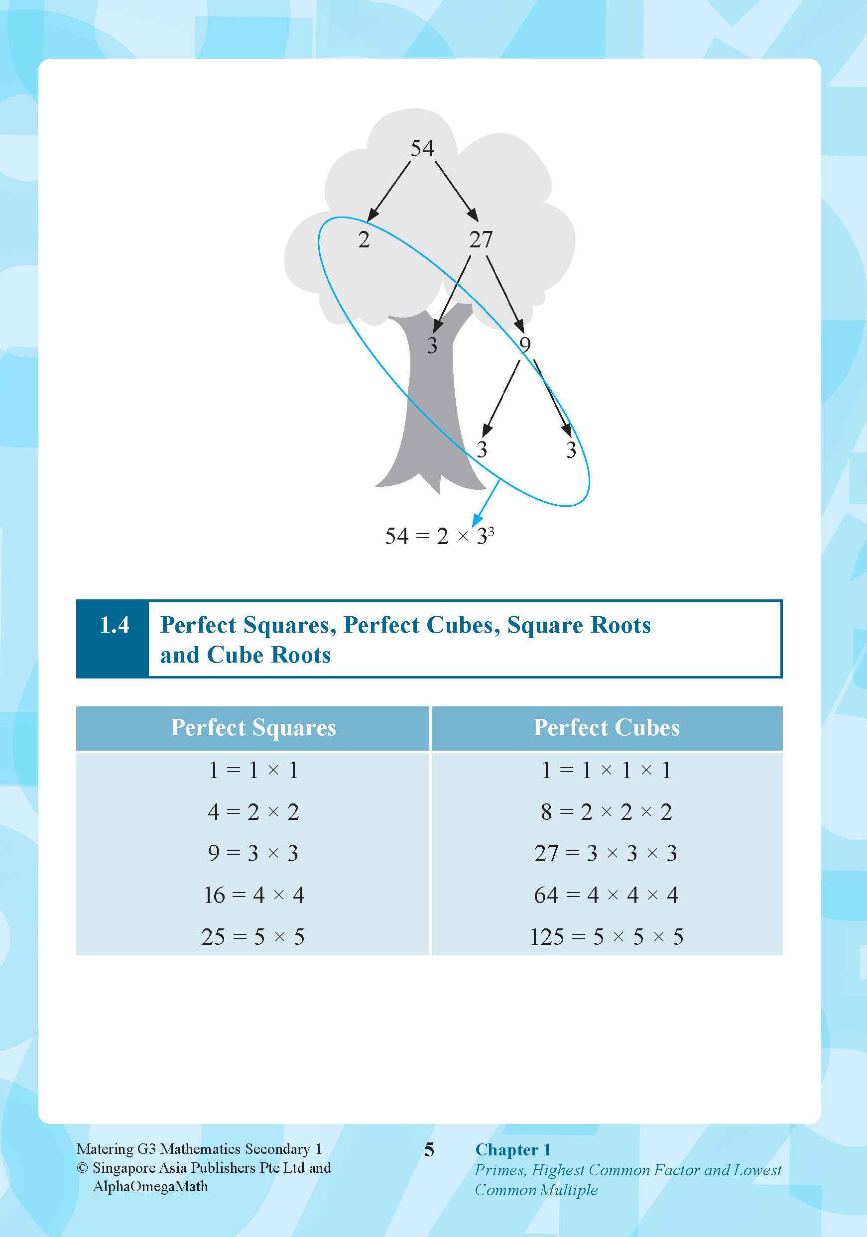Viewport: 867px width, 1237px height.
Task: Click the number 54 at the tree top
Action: pyautogui.click(x=422, y=148)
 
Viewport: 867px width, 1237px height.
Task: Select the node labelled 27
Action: pyautogui.click(x=481, y=239)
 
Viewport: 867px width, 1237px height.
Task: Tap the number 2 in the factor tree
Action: pyautogui.click(x=364, y=239)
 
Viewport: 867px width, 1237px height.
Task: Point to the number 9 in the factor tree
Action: pyautogui.click(x=524, y=345)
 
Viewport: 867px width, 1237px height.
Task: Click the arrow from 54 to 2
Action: pyautogui.click(x=388, y=191)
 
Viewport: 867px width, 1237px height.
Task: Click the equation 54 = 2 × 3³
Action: pyautogui.click(x=439, y=536)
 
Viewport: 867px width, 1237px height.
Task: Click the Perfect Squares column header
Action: pyautogui.click(x=253, y=728)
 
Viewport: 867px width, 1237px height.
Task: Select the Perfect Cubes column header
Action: pyautogui.click(x=606, y=728)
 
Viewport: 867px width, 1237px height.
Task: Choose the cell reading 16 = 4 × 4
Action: pyautogui.click(x=254, y=895)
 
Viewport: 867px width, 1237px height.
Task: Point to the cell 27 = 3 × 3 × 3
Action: pyautogui.click(x=606, y=853)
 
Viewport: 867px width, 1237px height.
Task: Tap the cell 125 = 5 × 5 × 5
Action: pyautogui.click(x=606, y=937)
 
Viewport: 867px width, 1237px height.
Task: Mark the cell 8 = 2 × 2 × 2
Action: pyautogui.click(x=606, y=812)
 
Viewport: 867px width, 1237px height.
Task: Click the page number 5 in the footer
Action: pyautogui.click(x=429, y=1150)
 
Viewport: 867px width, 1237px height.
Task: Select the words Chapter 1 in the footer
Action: pyautogui.click(x=512, y=1150)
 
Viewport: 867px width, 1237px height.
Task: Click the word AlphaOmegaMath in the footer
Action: pyautogui.click(x=150, y=1186)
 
